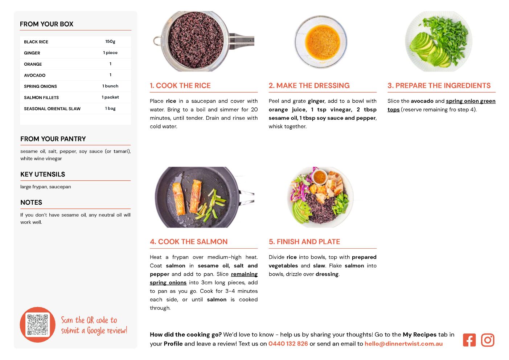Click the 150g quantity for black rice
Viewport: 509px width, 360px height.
tap(110, 42)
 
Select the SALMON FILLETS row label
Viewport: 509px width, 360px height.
tap(41, 98)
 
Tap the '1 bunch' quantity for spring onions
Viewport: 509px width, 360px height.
tap(110, 86)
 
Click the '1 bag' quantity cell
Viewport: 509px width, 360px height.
tap(110, 109)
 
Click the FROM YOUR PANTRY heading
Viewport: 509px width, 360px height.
tap(53, 139)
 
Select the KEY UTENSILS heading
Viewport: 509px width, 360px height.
tap(43, 174)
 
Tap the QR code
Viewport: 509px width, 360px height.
tap(38, 325)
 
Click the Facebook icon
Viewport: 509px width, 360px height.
tap(469, 340)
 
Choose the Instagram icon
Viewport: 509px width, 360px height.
tap(488, 340)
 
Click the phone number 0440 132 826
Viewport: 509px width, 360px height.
tap(288, 344)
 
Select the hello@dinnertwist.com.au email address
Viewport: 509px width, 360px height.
tap(403, 344)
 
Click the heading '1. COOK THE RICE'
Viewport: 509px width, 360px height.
tap(180, 86)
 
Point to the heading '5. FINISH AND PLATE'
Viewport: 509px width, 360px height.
tap(304, 242)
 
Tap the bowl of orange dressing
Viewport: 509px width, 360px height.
tap(321, 42)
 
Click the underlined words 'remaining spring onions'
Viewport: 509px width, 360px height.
tap(204, 278)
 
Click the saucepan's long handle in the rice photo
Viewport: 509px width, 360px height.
tap(241, 41)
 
